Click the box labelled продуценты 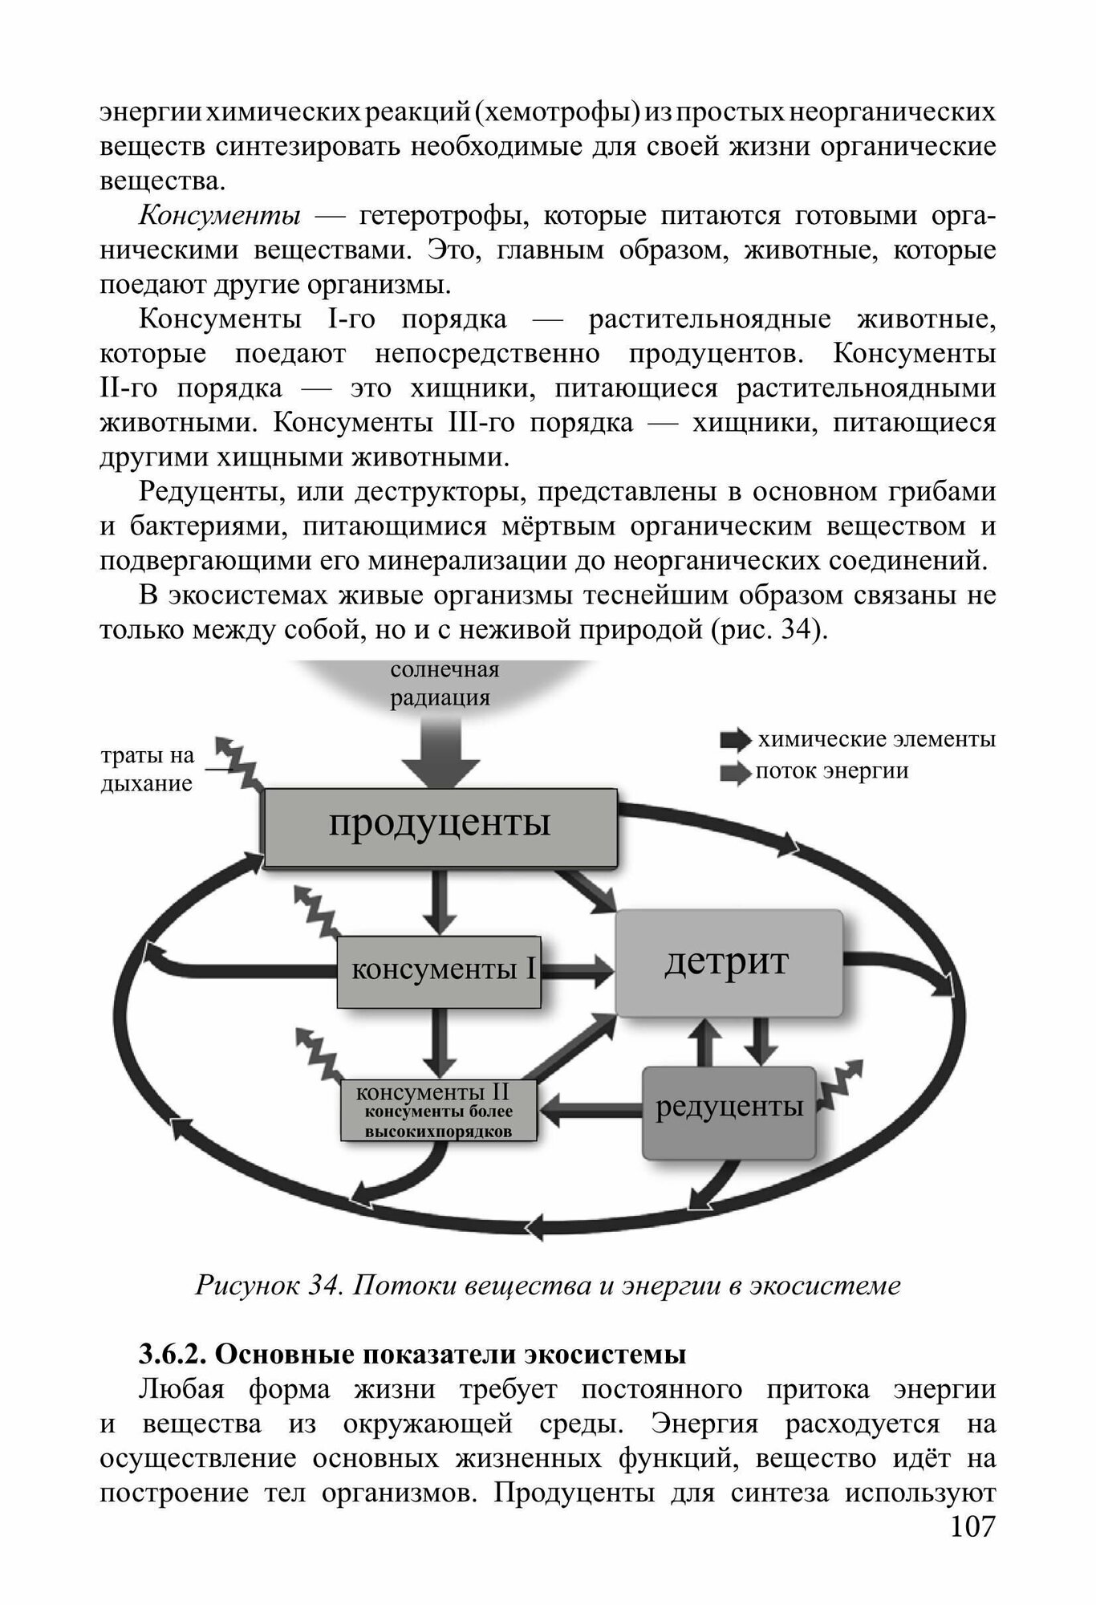click(440, 827)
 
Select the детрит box click(728, 962)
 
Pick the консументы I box click(438, 971)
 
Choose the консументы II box click(438, 1111)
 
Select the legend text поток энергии click(832, 771)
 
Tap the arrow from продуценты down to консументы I click(440, 902)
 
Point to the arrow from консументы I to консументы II click(440, 1042)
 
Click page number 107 click(972, 1549)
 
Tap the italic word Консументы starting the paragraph click(221, 217)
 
